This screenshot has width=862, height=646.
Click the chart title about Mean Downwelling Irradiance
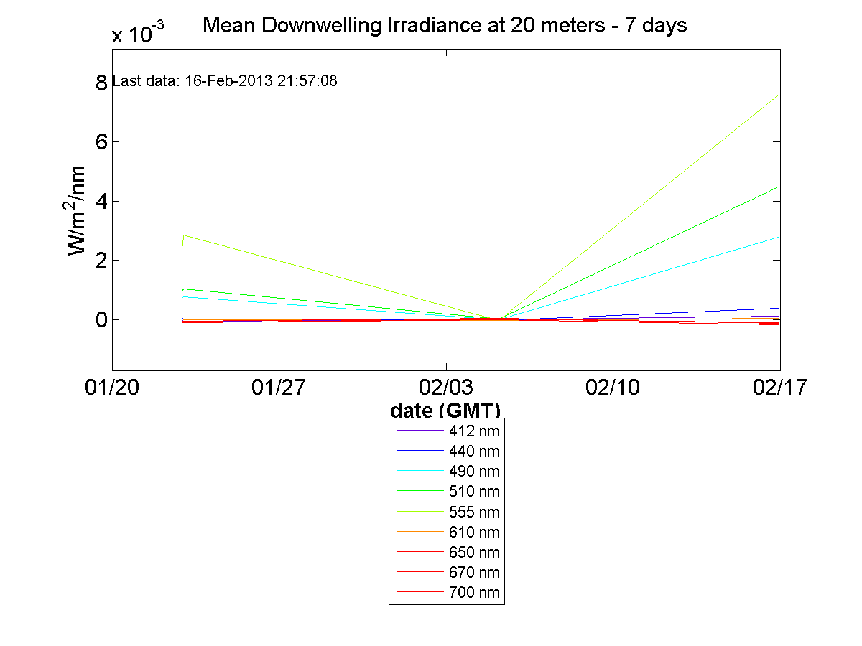(x=445, y=26)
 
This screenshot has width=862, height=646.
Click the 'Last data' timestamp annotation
(x=226, y=81)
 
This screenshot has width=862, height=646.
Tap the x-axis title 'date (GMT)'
(x=445, y=411)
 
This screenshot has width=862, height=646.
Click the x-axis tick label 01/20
(x=111, y=388)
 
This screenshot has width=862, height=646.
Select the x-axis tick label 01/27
(x=279, y=388)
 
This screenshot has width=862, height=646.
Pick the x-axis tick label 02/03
(x=446, y=388)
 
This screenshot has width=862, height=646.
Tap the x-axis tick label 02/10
(x=613, y=388)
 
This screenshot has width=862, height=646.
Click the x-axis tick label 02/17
(x=779, y=388)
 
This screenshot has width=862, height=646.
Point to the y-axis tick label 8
(x=101, y=83)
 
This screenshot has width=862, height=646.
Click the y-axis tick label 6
(x=101, y=142)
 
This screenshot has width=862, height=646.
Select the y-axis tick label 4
(x=101, y=202)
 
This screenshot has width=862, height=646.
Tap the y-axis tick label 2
(x=101, y=261)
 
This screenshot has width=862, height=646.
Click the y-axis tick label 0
(x=101, y=320)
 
